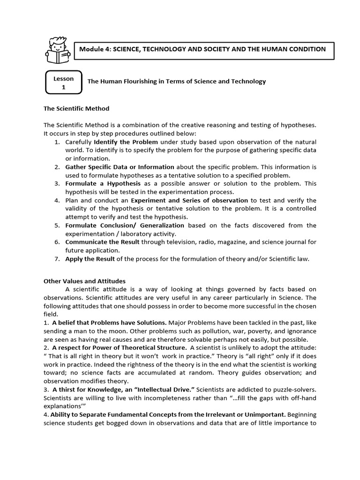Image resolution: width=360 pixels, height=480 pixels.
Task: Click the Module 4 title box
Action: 204,49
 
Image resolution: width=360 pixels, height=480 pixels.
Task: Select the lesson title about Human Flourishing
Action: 177,82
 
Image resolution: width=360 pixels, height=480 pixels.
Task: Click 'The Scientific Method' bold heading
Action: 76,109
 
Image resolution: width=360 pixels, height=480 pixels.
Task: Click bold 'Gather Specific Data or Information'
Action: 120,167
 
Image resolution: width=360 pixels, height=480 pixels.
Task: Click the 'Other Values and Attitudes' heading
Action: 84,281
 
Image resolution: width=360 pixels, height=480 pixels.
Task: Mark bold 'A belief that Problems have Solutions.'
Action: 109,323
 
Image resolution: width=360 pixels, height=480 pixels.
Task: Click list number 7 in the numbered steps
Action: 56,259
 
